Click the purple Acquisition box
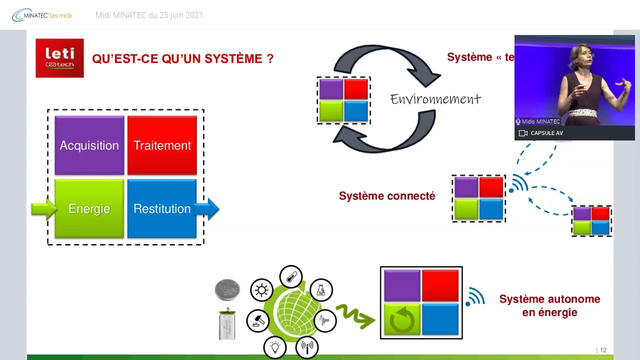click(89, 145)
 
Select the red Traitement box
click(162, 145)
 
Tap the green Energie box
click(89, 208)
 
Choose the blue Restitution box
click(162, 208)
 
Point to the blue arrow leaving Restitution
click(209, 208)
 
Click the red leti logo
click(59, 58)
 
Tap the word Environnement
click(435, 99)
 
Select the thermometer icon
click(291, 276)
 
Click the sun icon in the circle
click(261, 290)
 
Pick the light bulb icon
click(275, 346)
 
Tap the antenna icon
click(307, 346)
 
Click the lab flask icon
click(321, 290)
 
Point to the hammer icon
click(258, 320)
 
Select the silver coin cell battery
click(227, 290)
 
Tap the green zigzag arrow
click(355, 316)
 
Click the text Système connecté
click(387, 196)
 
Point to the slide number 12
click(603, 350)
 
